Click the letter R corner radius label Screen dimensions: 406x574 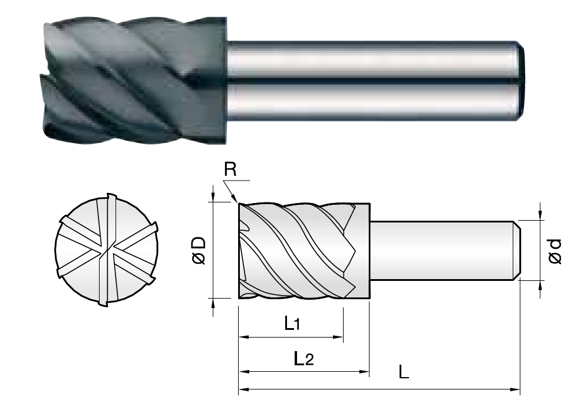tap(230, 171)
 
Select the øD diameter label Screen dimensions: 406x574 tap(199, 250)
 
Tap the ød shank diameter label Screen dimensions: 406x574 tap(555, 251)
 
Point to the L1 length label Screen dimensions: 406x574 tap(293, 323)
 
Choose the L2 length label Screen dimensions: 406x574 tap(304, 358)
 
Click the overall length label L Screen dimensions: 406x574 tap(404, 372)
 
